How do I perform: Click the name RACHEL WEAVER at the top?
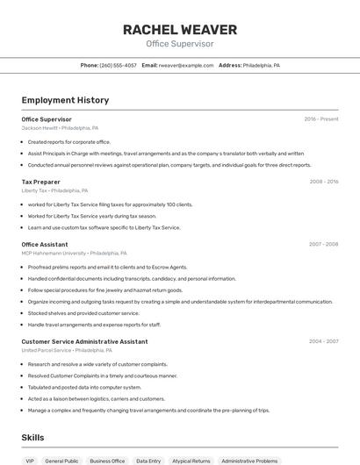click(179, 29)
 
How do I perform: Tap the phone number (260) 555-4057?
click(118, 65)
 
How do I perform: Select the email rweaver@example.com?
click(186, 65)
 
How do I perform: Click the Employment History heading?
click(65, 100)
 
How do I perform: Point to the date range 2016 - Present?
click(320, 118)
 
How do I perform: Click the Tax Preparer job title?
click(40, 182)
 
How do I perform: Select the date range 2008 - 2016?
click(323, 182)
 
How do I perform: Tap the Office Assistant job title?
click(44, 244)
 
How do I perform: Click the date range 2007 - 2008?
click(323, 244)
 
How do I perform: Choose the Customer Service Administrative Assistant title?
click(84, 341)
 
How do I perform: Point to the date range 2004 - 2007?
click(323, 341)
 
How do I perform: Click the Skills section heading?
click(32, 437)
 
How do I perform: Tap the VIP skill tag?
click(30, 461)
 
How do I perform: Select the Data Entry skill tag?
click(148, 461)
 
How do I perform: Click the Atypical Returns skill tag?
click(191, 461)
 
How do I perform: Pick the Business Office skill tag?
click(107, 461)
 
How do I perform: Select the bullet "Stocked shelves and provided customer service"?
click(83, 312)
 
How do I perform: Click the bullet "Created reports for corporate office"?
click(68, 141)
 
